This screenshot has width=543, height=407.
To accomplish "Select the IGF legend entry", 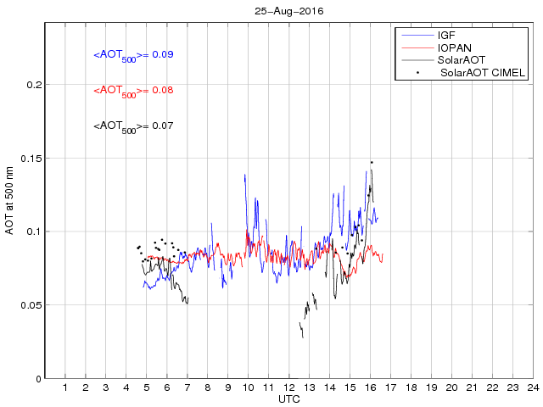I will point(446,35).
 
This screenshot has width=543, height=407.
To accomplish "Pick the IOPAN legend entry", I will point(454,47).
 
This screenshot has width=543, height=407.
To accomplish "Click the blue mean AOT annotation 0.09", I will point(133,55).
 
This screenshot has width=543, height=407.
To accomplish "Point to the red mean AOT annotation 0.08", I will point(133,91).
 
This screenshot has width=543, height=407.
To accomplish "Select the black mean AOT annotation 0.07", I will point(133,126).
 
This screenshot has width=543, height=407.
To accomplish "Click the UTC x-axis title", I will point(288,399).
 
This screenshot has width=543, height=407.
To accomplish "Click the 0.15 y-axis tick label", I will point(30,159).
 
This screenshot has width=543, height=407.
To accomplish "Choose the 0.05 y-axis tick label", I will point(30,305).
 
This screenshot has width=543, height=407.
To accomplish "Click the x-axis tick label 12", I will point(288,387).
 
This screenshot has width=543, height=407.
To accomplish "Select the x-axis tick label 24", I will point(532,387).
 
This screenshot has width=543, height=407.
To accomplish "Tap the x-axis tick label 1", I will point(65,387).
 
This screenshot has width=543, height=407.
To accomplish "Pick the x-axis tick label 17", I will point(390,387).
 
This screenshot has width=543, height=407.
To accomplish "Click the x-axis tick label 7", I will point(188,387).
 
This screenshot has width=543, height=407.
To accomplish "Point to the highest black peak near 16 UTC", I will point(371,161).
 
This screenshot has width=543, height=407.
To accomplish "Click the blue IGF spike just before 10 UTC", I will point(244,176).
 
